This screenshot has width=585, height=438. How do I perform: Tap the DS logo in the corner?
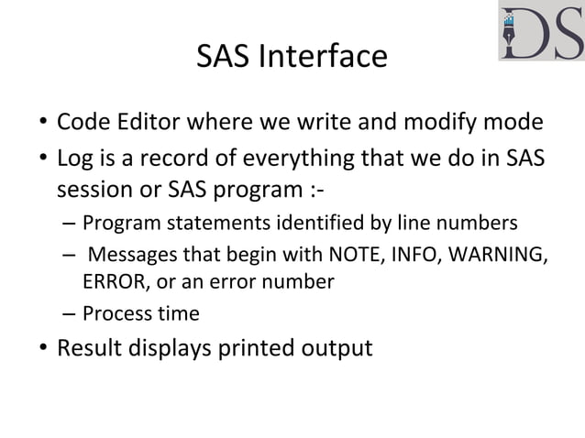click(x=541, y=32)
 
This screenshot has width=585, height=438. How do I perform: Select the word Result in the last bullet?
click(x=88, y=349)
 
